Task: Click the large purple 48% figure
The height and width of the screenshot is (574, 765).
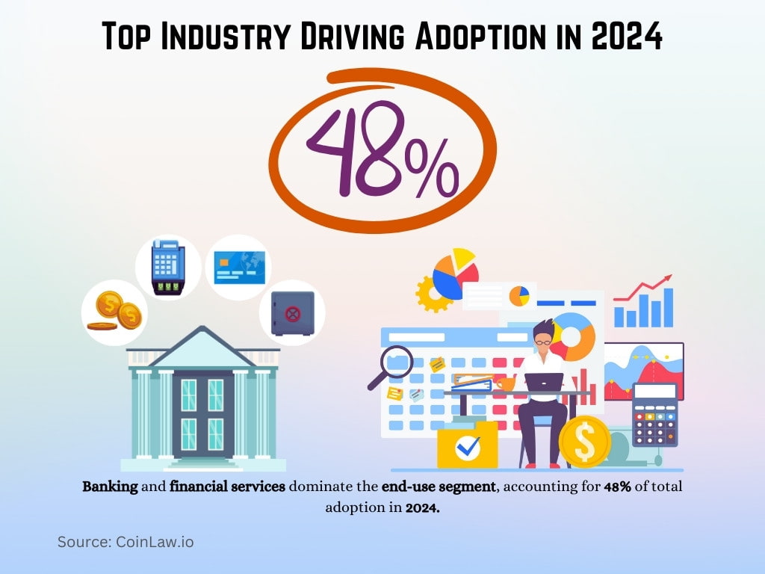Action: point(381,149)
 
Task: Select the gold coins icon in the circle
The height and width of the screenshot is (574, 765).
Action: point(114,311)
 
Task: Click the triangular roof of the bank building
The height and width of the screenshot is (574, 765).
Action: point(202,348)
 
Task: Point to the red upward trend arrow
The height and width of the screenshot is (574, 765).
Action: point(642,289)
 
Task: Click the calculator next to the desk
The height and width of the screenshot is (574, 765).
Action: point(654,414)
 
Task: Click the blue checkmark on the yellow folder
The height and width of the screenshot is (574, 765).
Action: point(468,447)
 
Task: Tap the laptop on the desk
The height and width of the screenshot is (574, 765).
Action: point(544,382)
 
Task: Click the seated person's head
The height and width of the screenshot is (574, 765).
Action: point(545,334)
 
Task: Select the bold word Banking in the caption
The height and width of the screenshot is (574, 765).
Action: point(110,487)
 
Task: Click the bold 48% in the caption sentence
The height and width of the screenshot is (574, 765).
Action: point(618,487)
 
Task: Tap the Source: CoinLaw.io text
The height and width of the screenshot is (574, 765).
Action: point(126,542)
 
